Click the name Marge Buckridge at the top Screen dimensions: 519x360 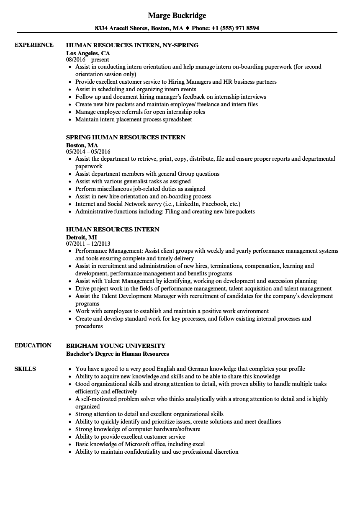coord(177,15)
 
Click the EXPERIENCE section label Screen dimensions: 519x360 coord(34,45)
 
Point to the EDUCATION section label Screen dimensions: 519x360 coord(33,345)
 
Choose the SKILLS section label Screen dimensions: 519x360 coord(25,369)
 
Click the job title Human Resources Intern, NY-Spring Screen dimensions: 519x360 coord(132,45)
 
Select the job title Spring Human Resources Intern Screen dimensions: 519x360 coord(126,137)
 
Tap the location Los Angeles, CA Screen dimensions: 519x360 coord(88,53)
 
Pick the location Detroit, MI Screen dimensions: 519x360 coord(82,237)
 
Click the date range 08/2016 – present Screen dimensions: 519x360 coord(88,59)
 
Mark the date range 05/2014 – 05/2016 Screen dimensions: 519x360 coord(88,152)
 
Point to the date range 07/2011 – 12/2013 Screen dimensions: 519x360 coord(88,244)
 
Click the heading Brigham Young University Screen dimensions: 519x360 coord(116,345)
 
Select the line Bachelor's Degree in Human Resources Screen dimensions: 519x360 coord(118,354)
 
